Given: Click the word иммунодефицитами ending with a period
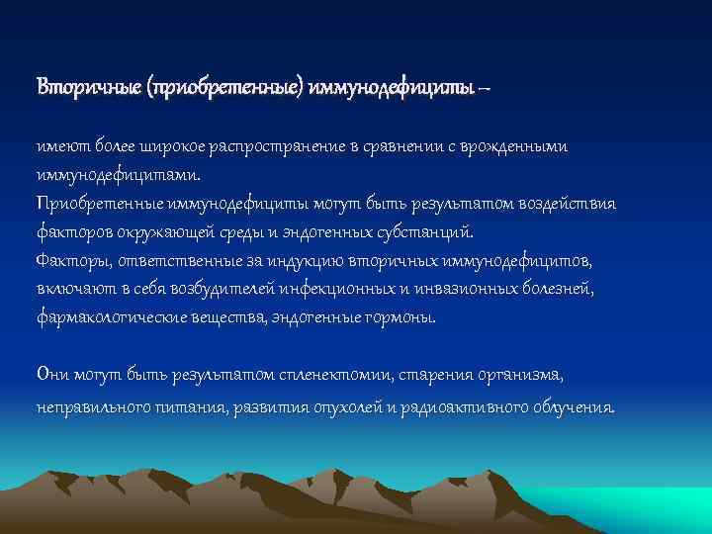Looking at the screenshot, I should coord(118,175).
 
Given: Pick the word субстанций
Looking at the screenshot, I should coord(426,233).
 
